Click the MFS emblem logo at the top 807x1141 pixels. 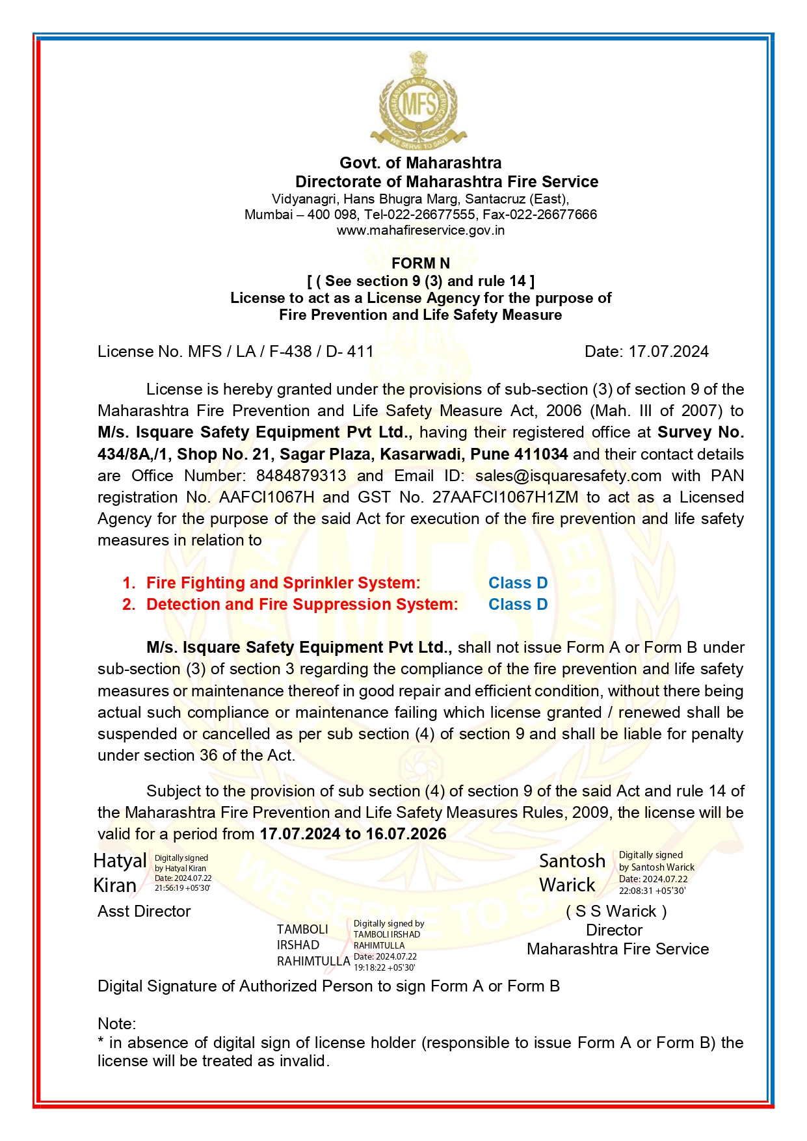419,101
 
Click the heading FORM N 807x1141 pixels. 420,263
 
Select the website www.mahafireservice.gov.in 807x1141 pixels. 420,230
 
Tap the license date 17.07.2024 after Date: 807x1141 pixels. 668,352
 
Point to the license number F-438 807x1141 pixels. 290,352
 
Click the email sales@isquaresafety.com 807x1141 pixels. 568,476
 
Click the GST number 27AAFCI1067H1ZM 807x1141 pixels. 505,497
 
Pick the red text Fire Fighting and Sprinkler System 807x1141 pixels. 283,583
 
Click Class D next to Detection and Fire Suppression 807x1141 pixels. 518,605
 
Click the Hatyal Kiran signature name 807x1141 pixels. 119,873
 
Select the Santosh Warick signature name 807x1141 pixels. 571,872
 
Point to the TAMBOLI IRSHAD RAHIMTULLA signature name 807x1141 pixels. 312,945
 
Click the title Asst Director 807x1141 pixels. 144,911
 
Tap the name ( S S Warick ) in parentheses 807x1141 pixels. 616,911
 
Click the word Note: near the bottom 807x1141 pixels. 116,1024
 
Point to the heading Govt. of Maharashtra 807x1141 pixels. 420,163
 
